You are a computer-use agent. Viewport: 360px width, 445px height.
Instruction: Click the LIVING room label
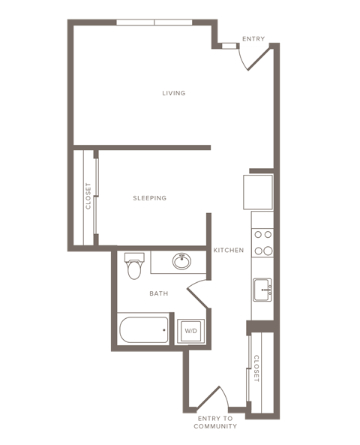point(174,93)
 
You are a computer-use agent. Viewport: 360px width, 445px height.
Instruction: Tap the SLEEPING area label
point(149,198)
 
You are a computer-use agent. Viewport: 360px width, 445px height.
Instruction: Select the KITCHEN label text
point(228,250)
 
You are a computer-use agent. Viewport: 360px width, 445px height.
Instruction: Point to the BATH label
point(158,293)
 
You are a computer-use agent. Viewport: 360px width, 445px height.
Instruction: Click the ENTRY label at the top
point(253,39)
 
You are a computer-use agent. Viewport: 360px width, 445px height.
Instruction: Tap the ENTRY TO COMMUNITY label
point(215,422)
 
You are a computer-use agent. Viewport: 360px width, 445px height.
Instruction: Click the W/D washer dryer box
point(190,331)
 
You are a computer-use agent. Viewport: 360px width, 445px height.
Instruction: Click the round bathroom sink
point(181,261)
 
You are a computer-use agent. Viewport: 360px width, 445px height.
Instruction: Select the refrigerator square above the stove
point(257,191)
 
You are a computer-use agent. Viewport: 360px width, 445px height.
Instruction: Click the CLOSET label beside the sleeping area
point(88,196)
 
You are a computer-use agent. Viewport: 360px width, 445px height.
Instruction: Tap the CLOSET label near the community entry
point(257,368)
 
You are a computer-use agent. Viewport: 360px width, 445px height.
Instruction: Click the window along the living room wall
point(154,23)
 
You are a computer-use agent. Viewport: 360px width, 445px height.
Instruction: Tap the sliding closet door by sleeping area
point(96,197)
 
